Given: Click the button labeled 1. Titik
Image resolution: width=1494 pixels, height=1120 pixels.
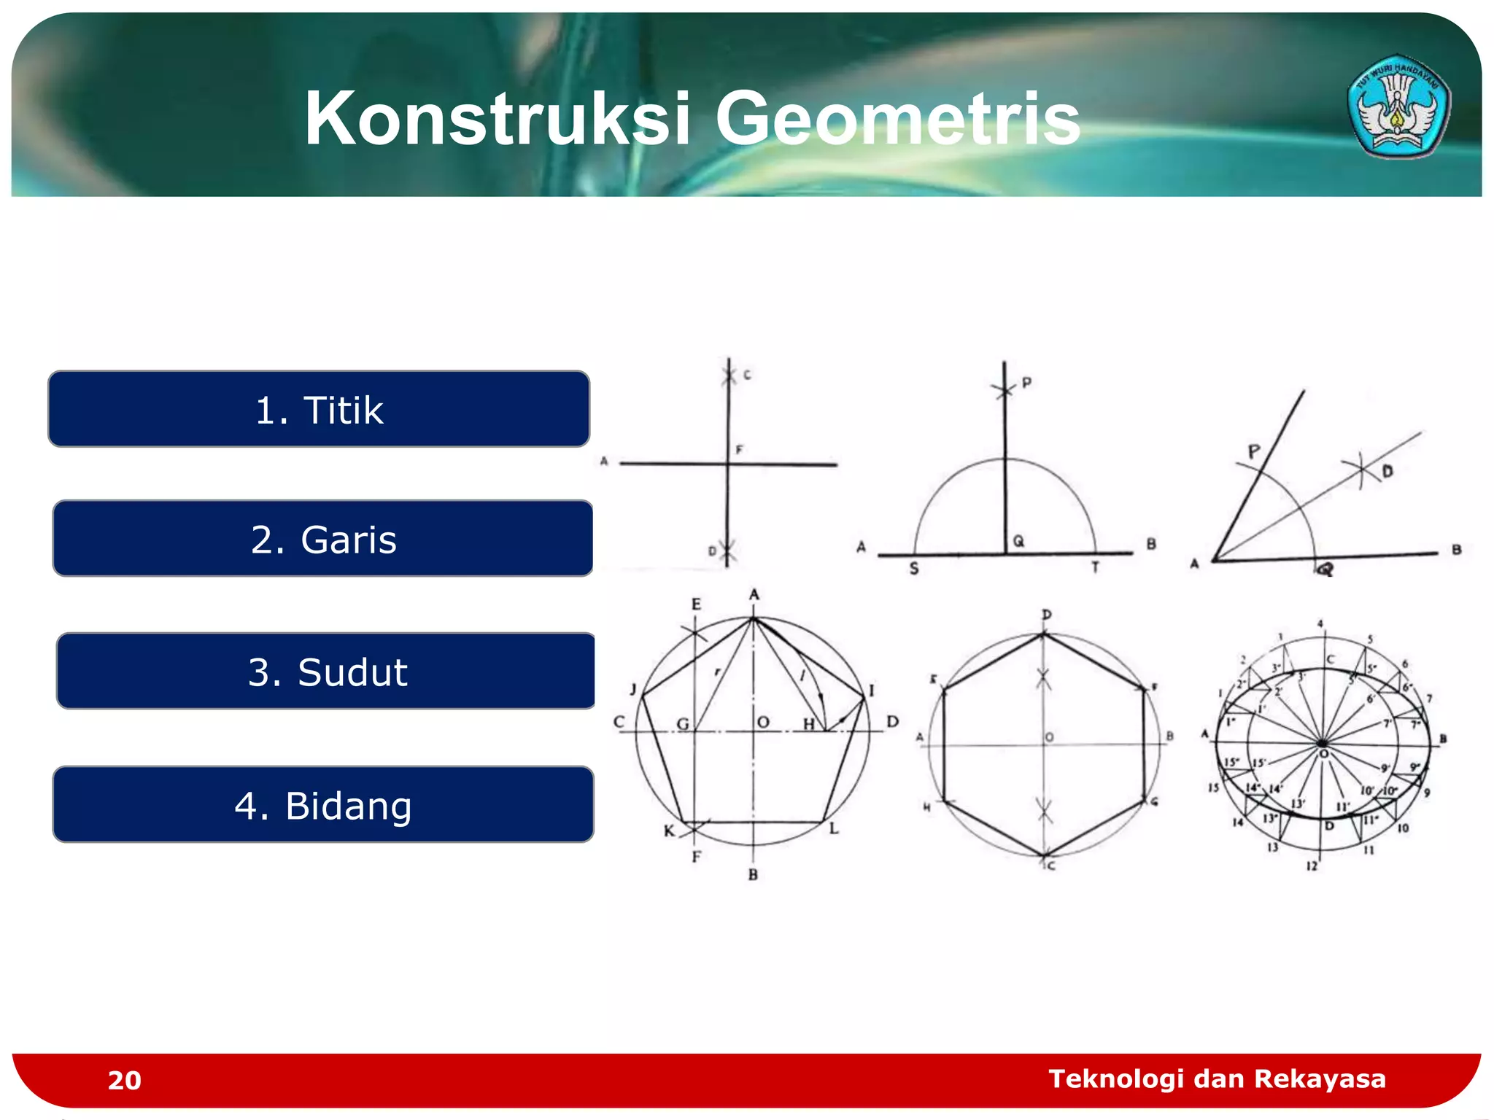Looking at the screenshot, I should [319, 409].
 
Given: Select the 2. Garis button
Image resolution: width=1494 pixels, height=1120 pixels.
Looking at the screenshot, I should [322, 539].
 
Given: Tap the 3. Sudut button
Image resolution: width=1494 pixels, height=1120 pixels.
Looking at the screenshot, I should [326, 672].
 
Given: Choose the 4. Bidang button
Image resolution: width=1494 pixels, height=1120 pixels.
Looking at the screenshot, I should [323, 805].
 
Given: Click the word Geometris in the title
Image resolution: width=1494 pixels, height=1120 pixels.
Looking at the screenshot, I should [897, 118].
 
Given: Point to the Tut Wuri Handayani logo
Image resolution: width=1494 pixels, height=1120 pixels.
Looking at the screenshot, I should [1398, 106].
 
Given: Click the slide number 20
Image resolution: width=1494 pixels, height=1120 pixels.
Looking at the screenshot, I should [124, 1080].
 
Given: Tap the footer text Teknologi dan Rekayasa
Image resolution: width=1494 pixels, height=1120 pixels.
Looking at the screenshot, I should [1217, 1078].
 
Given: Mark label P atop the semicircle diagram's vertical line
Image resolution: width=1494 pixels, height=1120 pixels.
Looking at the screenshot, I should [1026, 382].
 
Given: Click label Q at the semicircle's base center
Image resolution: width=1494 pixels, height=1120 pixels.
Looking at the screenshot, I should [1018, 541].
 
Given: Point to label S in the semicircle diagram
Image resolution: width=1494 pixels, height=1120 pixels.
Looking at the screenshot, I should [913, 569].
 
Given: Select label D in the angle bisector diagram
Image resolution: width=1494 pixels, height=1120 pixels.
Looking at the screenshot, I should [1387, 472].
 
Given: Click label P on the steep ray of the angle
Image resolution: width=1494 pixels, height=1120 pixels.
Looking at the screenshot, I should [1253, 451].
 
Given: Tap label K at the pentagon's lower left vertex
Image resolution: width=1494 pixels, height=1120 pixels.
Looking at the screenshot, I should [669, 831].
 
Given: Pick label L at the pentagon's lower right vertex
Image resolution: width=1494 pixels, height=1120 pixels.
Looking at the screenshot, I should [834, 829].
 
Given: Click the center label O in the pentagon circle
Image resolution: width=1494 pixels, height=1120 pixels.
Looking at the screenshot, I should [763, 722].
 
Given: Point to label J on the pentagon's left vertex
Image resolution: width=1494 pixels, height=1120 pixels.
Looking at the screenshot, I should [633, 689].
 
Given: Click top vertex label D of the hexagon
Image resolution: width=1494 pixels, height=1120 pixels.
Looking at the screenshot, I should [1046, 615].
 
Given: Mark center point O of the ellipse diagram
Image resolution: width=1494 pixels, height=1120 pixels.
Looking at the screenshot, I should [1323, 752].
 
